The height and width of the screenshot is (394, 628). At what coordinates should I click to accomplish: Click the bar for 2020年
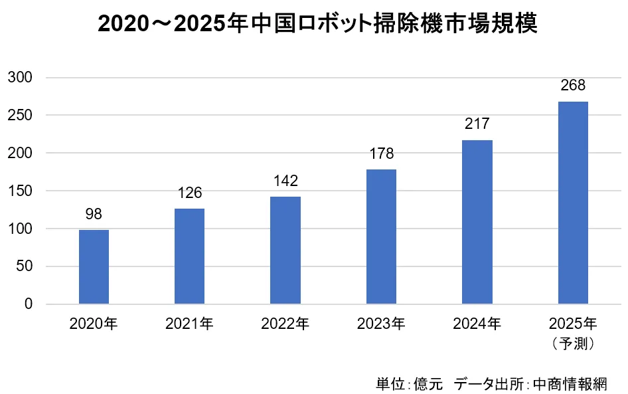(94, 266)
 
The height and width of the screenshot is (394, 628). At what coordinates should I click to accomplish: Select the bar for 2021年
(189, 256)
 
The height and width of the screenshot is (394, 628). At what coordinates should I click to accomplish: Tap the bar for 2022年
(285, 250)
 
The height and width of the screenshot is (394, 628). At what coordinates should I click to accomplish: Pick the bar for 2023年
(381, 237)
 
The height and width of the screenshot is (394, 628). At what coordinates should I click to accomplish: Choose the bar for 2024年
(477, 222)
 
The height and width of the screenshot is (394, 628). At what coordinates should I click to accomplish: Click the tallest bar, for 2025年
(573, 203)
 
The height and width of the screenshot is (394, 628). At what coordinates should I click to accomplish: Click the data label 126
(189, 193)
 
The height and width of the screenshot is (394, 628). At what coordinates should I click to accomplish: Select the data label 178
(381, 154)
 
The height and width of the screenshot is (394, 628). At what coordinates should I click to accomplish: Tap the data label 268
(573, 86)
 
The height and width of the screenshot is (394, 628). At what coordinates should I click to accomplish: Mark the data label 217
(477, 125)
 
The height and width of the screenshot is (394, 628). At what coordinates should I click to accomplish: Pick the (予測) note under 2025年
(573, 344)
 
